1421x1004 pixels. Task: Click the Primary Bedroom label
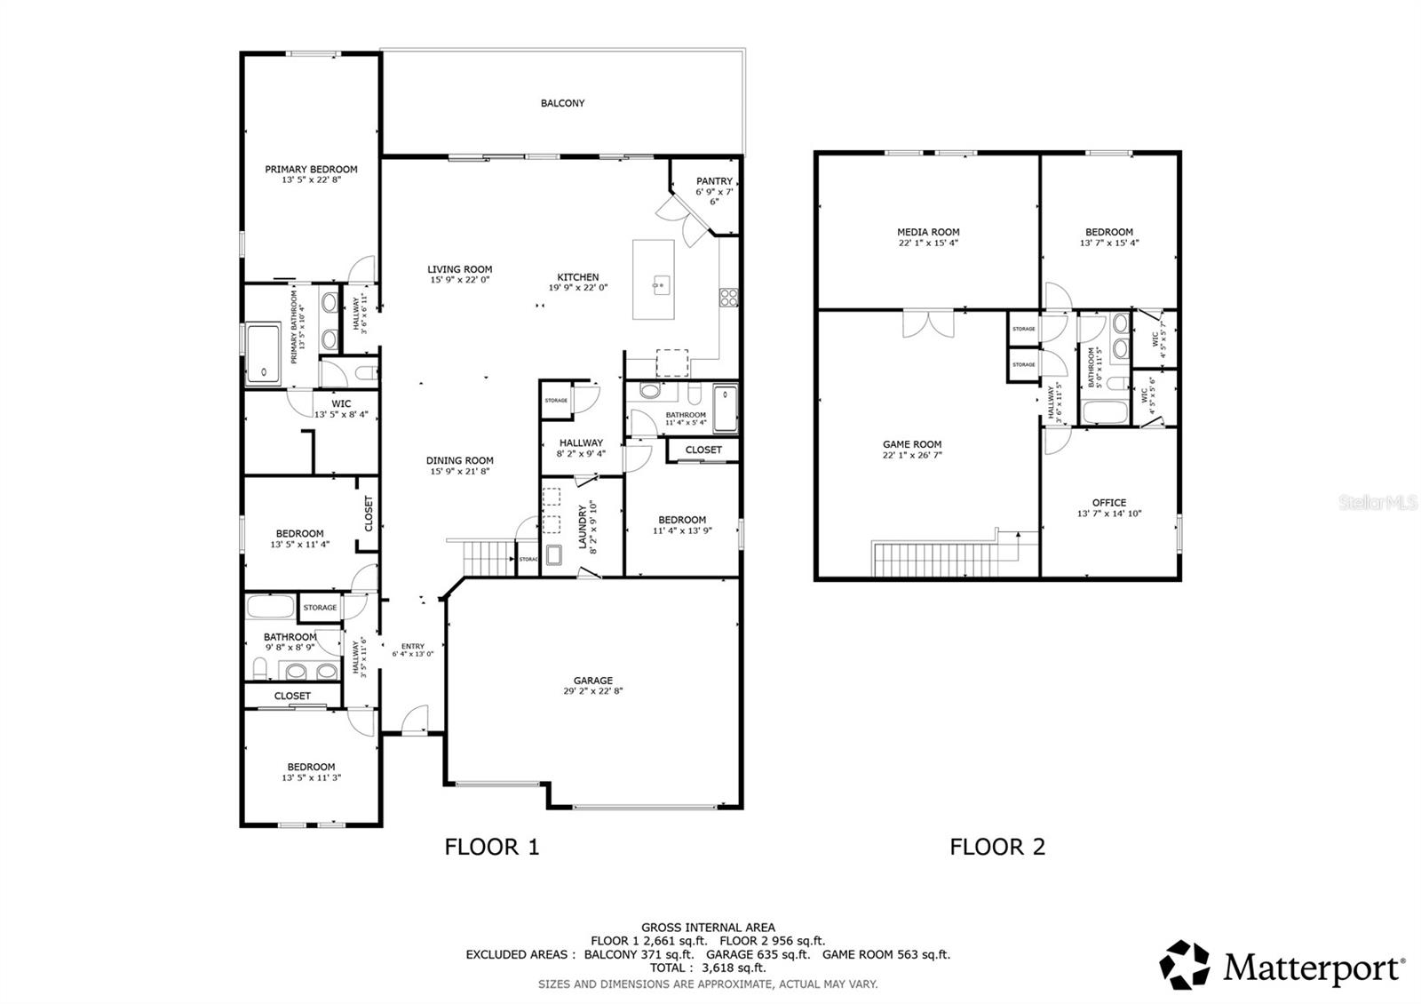[x=311, y=169]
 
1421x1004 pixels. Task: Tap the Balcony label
[x=562, y=103]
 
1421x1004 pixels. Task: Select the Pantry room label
[x=714, y=181]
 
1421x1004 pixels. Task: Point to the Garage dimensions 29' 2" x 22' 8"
[x=592, y=691]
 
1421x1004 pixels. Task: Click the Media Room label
[x=928, y=232]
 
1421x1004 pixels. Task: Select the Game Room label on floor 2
[x=912, y=444]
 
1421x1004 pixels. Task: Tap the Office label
[x=1108, y=502]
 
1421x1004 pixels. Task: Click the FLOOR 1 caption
[x=491, y=847]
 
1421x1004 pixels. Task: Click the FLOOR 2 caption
[x=997, y=847]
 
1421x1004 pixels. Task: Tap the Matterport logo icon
[x=1185, y=965]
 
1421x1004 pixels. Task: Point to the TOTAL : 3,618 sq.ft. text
[x=707, y=968]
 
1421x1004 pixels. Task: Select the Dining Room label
[x=459, y=460]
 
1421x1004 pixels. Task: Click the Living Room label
[x=459, y=269]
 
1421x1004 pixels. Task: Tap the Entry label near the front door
[x=412, y=646]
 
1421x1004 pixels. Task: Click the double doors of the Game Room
[x=928, y=323]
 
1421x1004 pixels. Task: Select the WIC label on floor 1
[x=341, y=403]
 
